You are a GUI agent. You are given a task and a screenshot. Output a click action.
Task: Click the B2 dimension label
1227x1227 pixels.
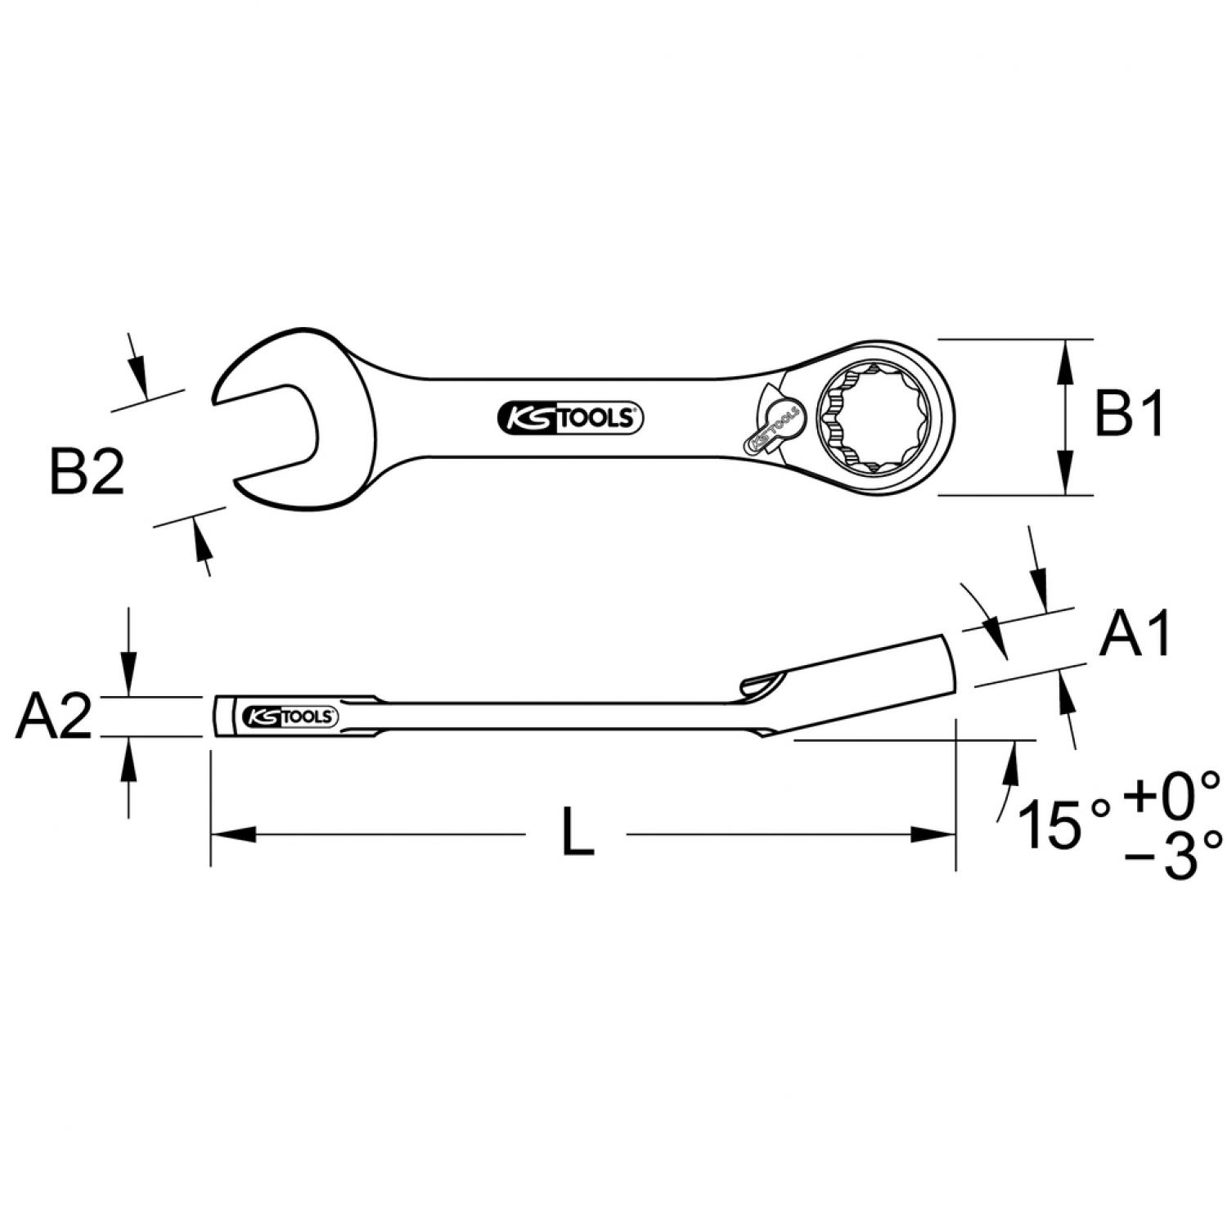(88, 474)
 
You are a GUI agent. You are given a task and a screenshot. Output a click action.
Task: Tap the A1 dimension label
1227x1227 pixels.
(1135, 633)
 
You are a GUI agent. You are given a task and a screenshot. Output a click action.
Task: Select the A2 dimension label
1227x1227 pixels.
(54, 717)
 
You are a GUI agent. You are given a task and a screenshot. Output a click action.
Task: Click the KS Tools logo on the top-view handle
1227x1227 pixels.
(570, 419)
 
